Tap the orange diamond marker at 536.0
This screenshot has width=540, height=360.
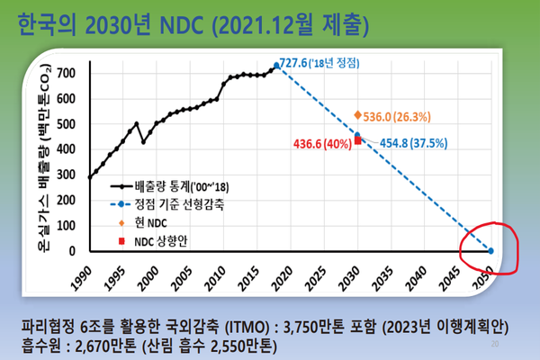[357, 115]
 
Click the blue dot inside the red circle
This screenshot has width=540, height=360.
[490, 251]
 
